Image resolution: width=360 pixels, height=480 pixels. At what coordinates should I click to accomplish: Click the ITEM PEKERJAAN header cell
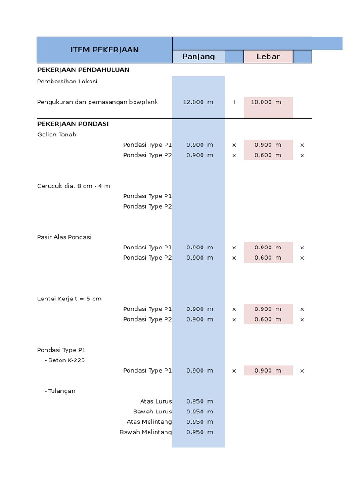(x=105, y=50)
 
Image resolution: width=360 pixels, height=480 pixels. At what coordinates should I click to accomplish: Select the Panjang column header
(x=198, y=57)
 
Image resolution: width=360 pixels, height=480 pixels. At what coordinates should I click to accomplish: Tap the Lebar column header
(x=268, y=57)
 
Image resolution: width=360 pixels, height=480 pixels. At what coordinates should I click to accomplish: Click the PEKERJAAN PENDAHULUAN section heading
(x=83, y=70)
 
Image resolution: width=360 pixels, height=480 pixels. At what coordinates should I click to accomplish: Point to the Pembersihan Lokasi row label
(x=67, y=81)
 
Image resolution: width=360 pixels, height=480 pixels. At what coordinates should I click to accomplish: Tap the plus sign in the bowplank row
(x=234, y=102)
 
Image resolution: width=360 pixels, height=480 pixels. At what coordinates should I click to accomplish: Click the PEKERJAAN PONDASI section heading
(x=73, y=124)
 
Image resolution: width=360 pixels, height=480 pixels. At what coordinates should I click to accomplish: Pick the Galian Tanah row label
(x=57, y=135)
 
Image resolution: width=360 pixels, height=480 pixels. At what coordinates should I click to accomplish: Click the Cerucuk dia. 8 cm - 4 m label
(x=74, y=186)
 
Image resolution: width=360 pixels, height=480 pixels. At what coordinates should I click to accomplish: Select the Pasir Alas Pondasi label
(x=64, y=237)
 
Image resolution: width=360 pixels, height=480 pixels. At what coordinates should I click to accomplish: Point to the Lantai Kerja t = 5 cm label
(x=69, y=299)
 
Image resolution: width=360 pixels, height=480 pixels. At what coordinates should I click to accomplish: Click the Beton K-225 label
(x=66, y=360)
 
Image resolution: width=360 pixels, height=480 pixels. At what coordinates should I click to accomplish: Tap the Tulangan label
(x=61, y=391)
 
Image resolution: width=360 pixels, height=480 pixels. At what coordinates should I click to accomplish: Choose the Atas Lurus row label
(x=156, y=401)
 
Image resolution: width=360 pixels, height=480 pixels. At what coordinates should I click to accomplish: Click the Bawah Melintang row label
(x=146, y=432)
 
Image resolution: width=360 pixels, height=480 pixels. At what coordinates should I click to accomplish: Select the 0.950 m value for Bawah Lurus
(x=199, y=412)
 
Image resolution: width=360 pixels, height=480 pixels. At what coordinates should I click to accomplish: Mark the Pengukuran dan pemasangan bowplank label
(x=98, y=102)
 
